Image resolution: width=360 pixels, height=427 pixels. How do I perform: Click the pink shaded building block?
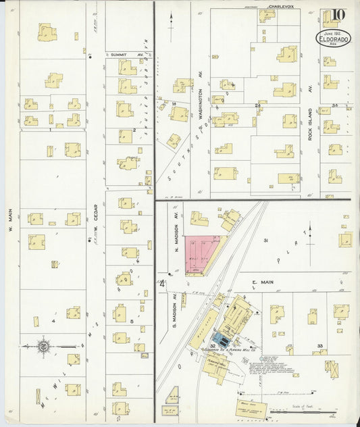click(x=201, y=254)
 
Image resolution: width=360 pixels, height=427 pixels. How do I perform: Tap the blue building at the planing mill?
click(x=222, y=336)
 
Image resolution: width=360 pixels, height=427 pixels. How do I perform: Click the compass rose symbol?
click(x=43, y=347)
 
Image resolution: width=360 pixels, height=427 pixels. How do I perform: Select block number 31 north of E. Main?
click(x=266, y=240)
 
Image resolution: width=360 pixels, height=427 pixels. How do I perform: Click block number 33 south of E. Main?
click(x=319, y=345)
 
